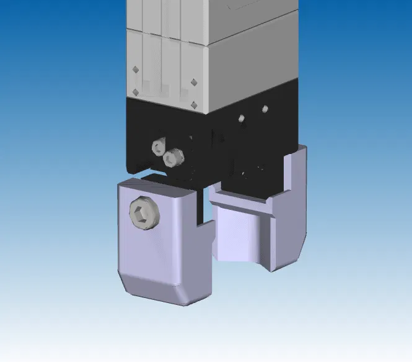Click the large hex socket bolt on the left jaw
144,214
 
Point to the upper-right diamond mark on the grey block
194,81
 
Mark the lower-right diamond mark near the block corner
194,104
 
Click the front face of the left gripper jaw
155,248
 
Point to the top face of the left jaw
158,184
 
